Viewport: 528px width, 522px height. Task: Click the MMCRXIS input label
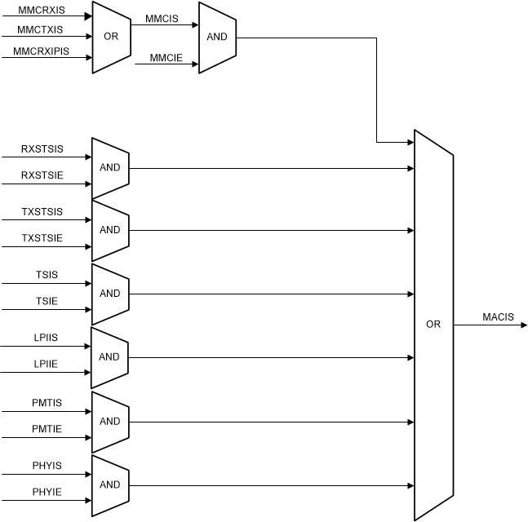point(41,10)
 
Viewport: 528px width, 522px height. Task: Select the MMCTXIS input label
point(41,31)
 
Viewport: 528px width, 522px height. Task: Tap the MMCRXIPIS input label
point(41,51)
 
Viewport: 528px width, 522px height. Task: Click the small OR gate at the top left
point(111,38)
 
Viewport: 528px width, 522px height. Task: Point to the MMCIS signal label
point(162,17)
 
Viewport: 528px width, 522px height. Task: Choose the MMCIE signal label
point(166,57)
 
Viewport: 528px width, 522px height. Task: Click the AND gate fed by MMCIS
point(217,38)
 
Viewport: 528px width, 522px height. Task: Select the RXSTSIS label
point(42,149)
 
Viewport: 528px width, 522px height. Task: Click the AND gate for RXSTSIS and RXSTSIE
point(110,168)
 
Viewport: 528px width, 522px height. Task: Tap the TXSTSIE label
point(42,238)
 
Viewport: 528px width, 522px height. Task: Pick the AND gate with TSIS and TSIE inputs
point(110,294)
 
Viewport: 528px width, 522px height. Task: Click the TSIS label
point(47,276)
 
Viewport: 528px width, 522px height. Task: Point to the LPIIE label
point(46,365)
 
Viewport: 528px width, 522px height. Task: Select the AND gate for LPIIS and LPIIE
point(110,357)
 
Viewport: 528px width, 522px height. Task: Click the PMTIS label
point(47,403)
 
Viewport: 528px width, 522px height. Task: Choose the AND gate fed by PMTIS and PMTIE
point(110,422)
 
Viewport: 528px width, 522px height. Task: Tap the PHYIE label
point(47,493)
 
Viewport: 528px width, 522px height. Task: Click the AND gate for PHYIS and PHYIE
point(110,484)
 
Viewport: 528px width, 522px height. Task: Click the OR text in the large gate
point(433,325)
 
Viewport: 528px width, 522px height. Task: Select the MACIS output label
point(498,317)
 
